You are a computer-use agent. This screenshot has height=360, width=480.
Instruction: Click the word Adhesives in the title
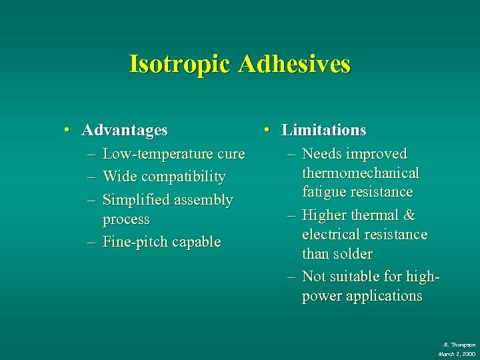coord(293,64)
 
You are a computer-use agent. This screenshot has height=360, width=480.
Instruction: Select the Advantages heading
coord(125,130)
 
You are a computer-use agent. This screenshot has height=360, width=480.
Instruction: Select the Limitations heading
coord(324,130)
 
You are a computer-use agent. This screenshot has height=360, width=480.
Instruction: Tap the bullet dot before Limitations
coord(267,130)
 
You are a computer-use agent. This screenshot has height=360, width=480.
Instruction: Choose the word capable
coord(198,241)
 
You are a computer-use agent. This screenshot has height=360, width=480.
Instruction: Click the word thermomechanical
coord(361,173)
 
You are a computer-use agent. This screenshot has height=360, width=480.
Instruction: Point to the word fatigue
coord(324,192)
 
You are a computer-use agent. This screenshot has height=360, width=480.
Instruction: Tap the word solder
coord(355,254)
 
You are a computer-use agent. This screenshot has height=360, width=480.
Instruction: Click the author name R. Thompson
coord(459,344)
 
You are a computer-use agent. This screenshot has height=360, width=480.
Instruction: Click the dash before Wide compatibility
coord(91,177)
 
